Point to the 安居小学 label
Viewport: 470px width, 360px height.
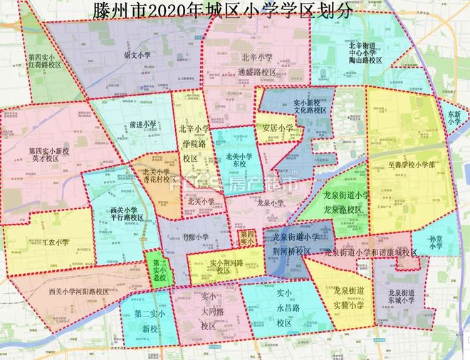pos(278,128)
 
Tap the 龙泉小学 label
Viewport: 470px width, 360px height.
pos(271,202)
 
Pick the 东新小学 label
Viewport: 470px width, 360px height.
pos(454,118)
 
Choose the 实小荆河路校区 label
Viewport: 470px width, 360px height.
pos(226,267)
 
